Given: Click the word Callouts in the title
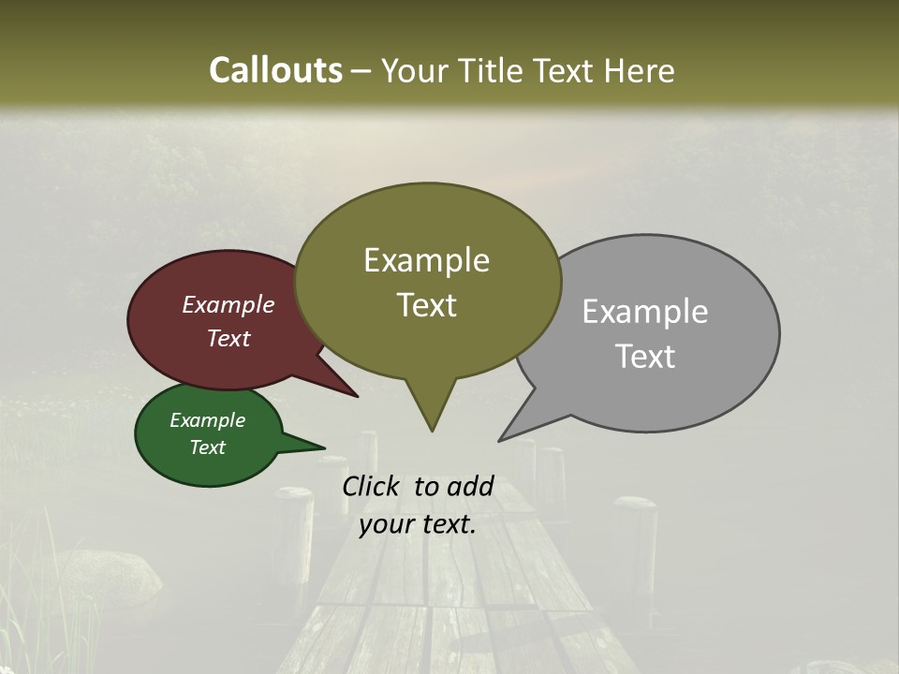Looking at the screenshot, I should [x=275, y=70].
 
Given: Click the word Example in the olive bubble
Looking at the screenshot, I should [x=426, y=260].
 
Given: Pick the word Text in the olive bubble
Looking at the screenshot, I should [x=426, y=305].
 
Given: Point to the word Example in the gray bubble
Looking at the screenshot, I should [x=644, y=312].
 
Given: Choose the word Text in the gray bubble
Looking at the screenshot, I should [x=645, y=357].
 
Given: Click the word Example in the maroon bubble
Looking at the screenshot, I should [x=228, y=305].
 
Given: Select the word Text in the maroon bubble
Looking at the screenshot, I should [x=228, y=339].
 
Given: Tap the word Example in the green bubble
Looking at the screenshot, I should [x=207, y=420].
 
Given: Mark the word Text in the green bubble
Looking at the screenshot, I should [x=207, y=447].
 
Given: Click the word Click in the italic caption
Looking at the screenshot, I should [x=372, y=487].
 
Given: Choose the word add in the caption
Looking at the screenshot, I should [x=469, y=487].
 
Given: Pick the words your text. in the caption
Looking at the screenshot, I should [x=418, y=525].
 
